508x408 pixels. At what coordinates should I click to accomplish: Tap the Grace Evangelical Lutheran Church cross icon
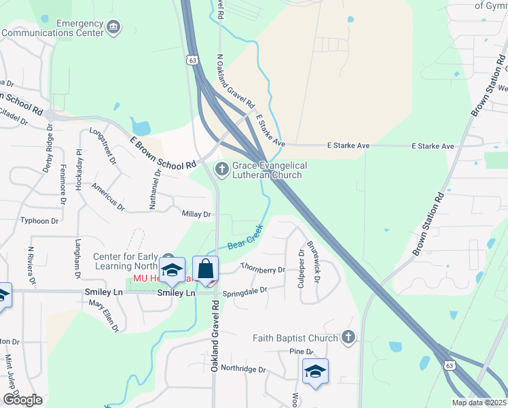point(221,169)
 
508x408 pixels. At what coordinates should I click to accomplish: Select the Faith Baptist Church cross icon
point(348,337)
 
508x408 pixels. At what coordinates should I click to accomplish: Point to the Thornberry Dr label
point(262,269)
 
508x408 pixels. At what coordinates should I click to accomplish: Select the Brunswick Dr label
point(313,261)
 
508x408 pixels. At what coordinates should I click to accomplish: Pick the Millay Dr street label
point(197,214)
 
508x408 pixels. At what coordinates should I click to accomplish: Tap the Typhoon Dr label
point(39,221)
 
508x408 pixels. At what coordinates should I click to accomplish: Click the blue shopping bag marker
point(204,269)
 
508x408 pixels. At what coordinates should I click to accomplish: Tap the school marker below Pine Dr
point(315,372)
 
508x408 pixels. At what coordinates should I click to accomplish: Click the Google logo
point(22,399)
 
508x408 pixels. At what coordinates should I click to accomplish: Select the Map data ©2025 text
point(479,403)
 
